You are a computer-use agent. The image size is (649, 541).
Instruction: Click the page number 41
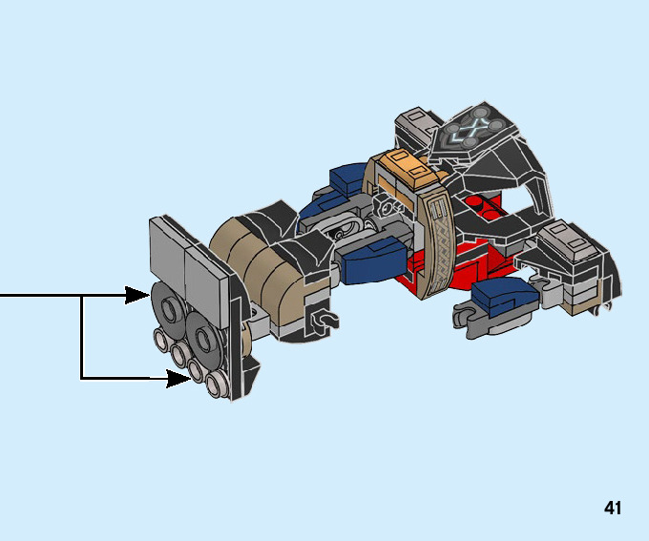(613, 508)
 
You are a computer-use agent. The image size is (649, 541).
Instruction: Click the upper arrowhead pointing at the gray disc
(137, 295)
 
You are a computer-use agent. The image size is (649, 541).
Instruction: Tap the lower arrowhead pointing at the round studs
(178, 379)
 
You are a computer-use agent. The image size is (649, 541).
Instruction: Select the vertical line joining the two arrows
(82, 337)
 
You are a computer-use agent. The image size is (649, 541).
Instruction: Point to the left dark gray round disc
(169, 305)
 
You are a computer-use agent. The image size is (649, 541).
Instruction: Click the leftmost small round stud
(160, 340)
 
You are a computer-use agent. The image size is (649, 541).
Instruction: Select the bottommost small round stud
(216, 385)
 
